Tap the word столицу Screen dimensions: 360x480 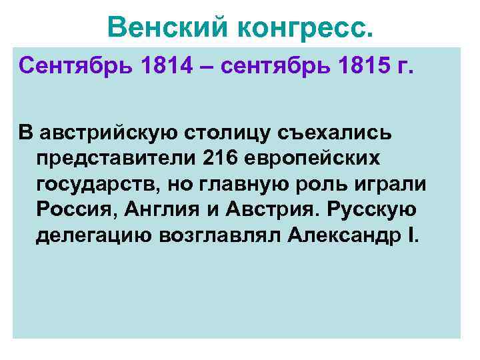click(229, 133)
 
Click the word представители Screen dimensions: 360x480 click(106, 158)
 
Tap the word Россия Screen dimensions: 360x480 click(71, 210)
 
